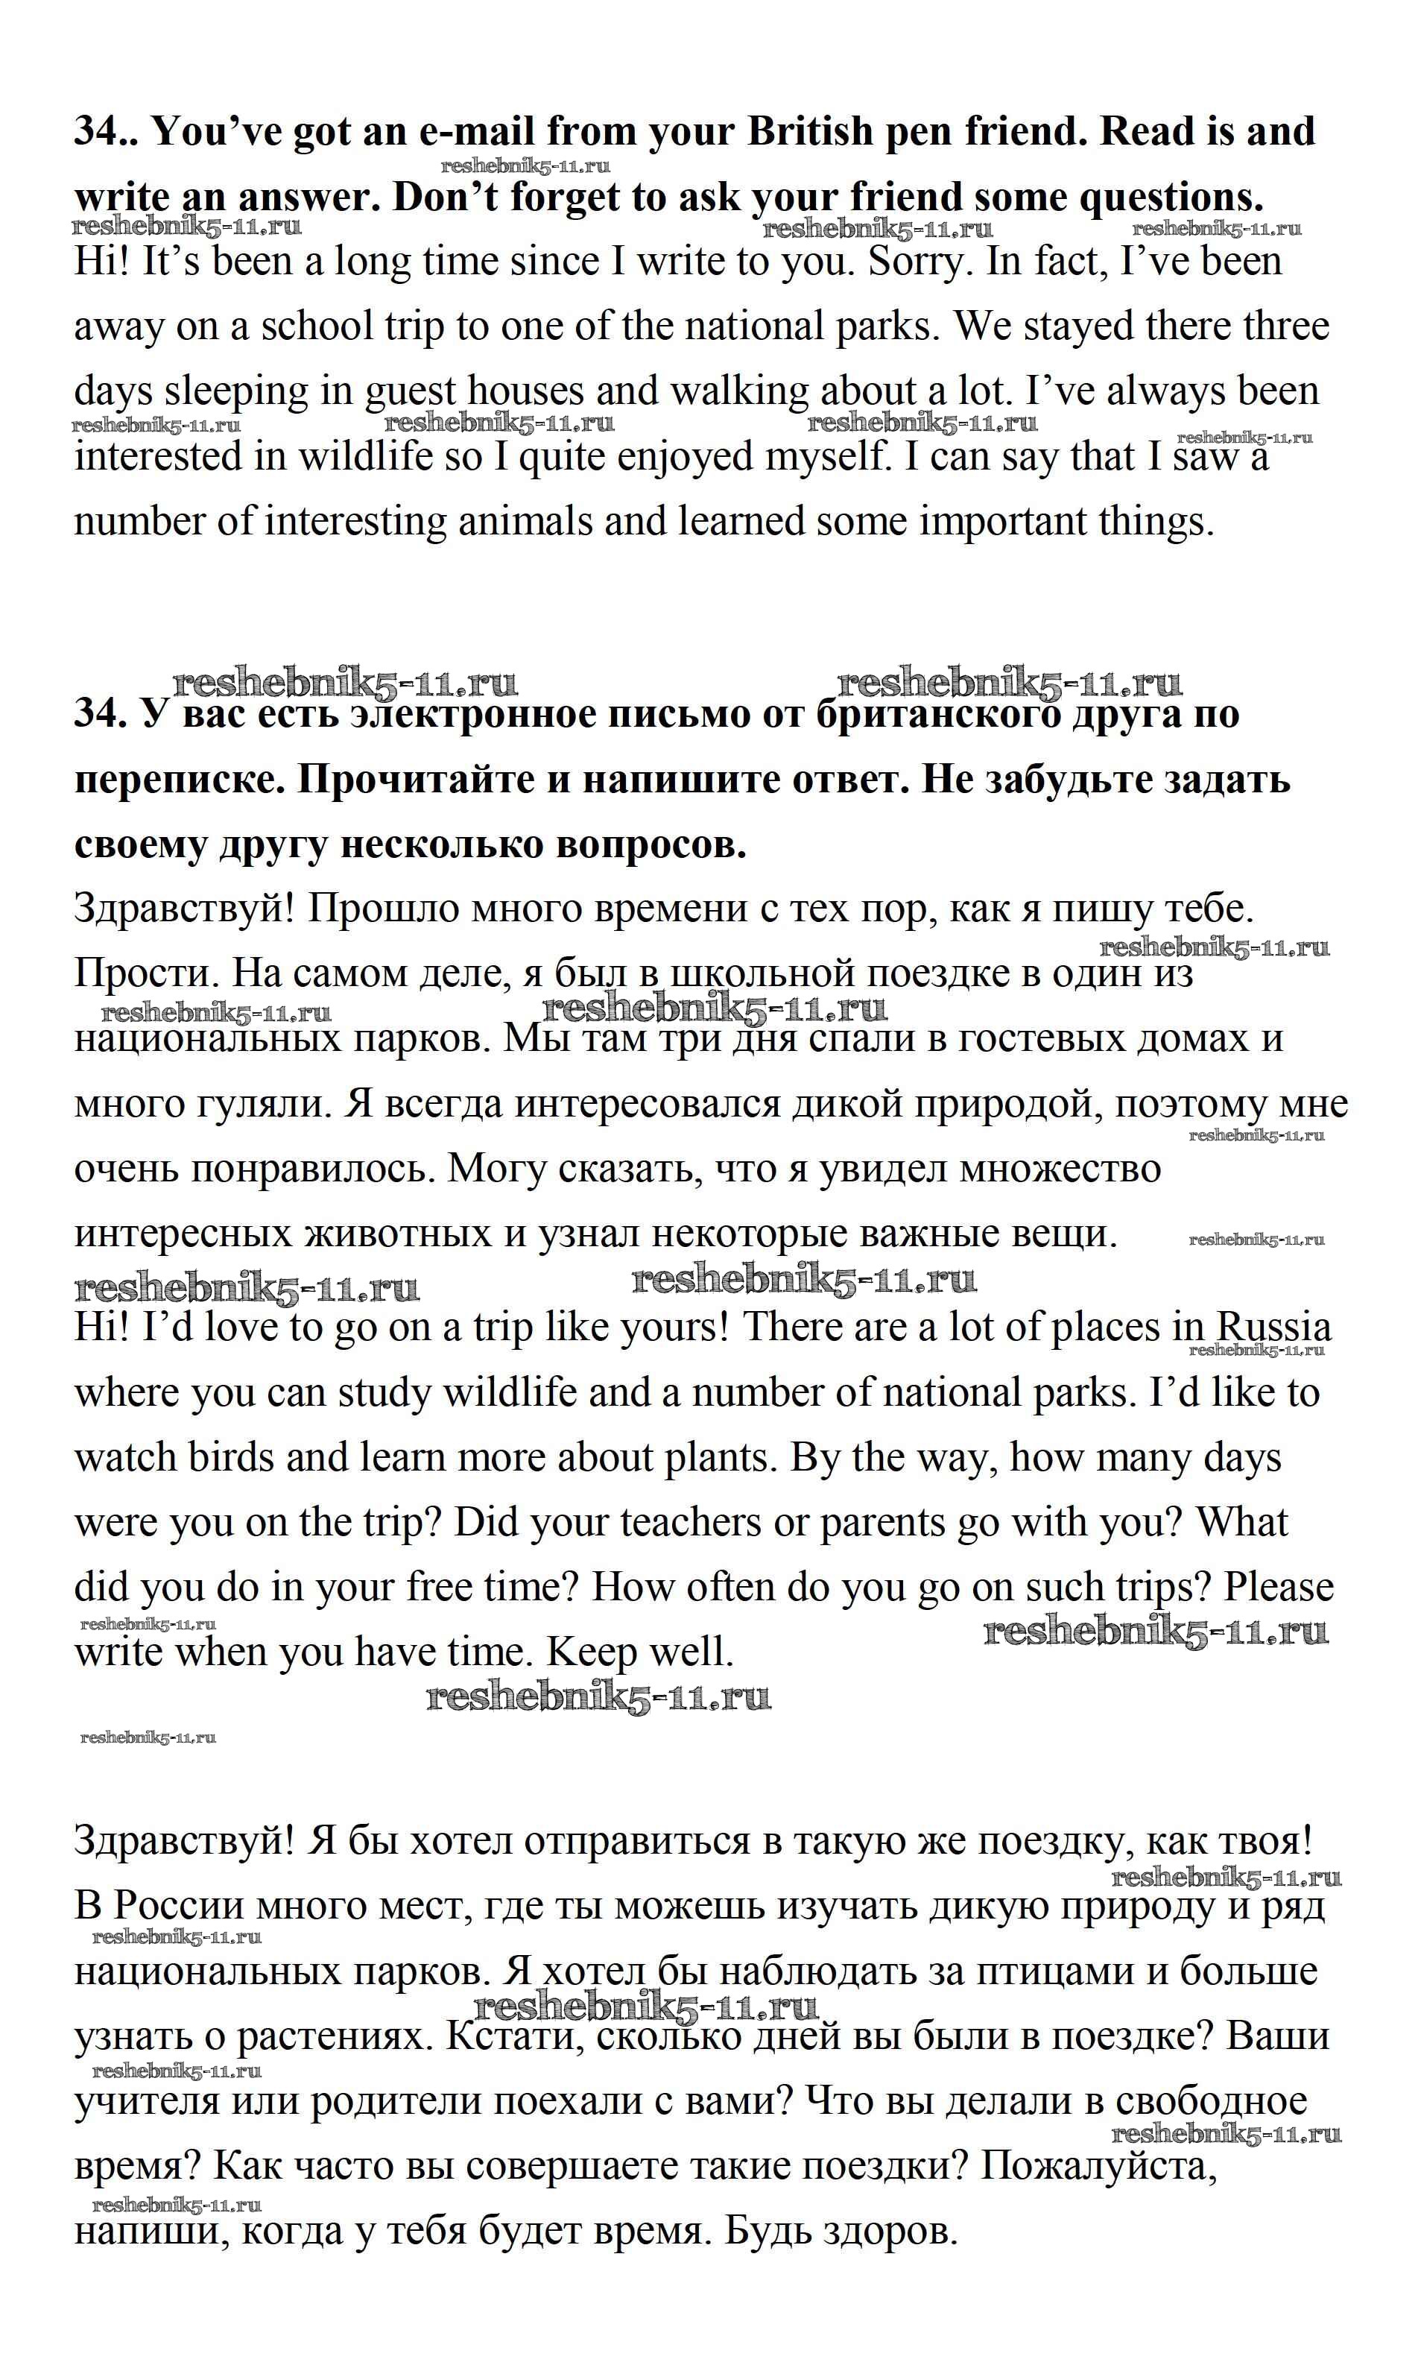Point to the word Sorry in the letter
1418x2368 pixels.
(x=917, y=262)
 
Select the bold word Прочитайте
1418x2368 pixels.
(x=405, y=780)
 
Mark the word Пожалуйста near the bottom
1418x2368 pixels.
(x=1099, y=2166)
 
